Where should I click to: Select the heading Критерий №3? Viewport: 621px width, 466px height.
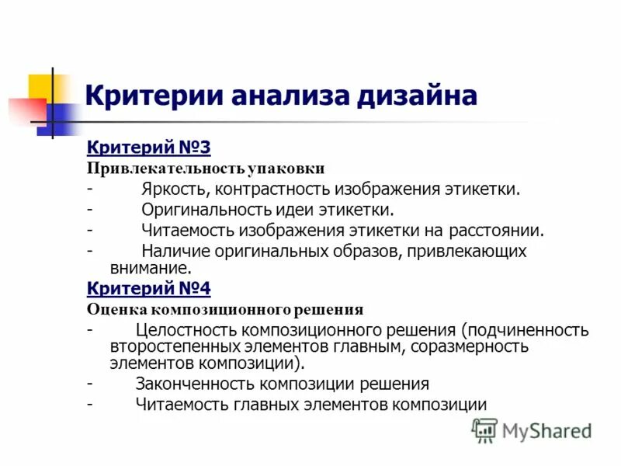point(148,147)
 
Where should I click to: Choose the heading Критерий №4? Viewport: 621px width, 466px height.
point(148,289)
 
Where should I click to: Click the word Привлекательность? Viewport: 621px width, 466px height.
point(163,168)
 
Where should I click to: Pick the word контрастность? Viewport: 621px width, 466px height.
point(272,189)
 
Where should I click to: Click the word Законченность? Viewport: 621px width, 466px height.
point(195,384)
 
